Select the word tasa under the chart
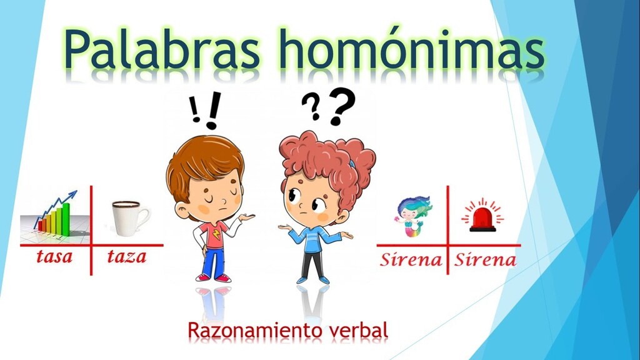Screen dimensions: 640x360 tap(54, 257)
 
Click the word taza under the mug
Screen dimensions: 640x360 tap(126, 257)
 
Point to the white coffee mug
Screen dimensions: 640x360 tap(131, 218)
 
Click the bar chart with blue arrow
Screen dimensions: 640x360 tap(55, 216)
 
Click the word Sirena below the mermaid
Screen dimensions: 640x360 tap(411, 259)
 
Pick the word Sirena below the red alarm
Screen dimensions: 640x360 tap(485, 259)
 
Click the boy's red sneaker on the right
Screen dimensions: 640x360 tap(223, 278)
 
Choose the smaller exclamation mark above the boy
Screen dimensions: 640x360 tap(195, 109)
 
